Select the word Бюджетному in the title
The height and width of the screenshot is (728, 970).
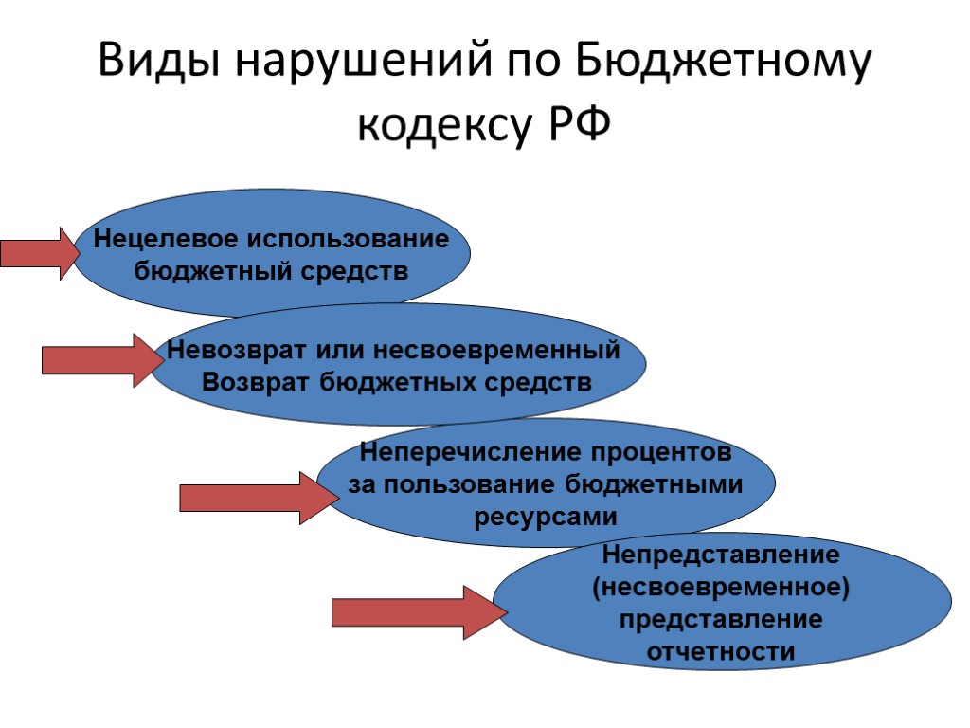723,64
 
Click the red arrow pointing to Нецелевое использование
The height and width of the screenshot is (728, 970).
40,253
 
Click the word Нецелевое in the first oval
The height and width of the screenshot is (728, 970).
162,239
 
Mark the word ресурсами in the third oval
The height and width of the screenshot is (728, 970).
544,517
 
